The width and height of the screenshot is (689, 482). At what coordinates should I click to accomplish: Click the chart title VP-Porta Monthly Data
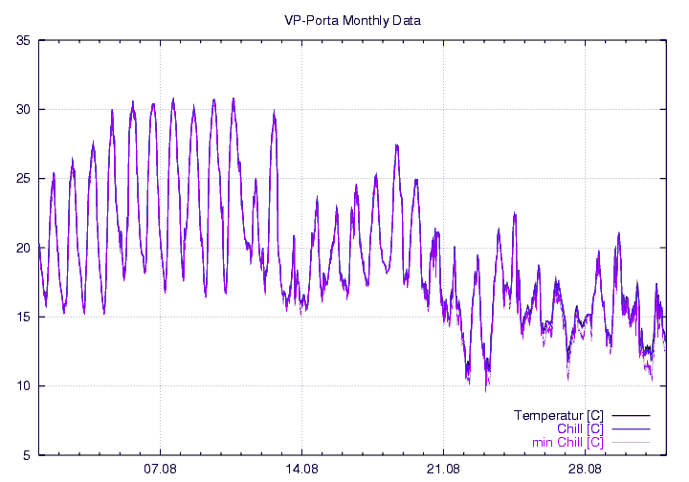(352, 19)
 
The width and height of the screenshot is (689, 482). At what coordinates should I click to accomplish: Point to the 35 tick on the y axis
(23, 40)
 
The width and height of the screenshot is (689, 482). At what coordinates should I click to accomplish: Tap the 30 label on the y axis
(23, 109)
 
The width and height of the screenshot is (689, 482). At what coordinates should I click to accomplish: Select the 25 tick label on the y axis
(23, 179)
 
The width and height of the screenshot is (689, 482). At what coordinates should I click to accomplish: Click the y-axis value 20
(23, 248)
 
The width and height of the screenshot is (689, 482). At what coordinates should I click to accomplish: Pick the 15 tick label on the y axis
(23, 317)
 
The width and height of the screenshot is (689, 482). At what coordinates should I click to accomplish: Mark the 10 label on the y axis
(23, 386)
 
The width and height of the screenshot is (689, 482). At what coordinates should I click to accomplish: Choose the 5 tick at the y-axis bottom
(26, 455)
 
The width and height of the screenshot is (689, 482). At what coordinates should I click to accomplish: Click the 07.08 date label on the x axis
(160, 471)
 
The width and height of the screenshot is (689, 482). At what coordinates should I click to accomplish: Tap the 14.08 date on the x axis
(301, 471)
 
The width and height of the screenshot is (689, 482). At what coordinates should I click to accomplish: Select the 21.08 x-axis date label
(443, 471)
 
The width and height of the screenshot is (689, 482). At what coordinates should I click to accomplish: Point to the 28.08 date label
(585, 471)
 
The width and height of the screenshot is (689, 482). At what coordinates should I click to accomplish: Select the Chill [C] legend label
(578, 429)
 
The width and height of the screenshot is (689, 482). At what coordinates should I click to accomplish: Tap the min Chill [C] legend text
(567, 443)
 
